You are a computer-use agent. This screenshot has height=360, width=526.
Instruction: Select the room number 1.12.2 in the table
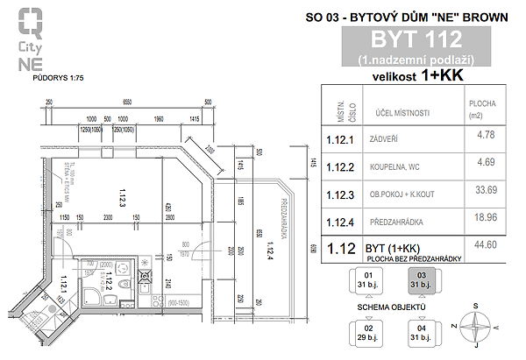coord(338,166)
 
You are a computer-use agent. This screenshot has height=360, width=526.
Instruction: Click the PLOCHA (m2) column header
coord(484,108)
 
